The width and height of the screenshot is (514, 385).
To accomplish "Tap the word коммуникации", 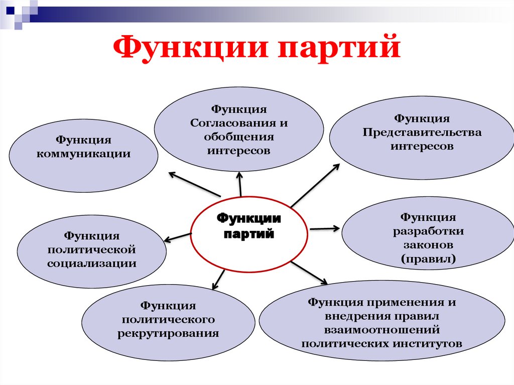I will pyautogui.click(x=84, y=154).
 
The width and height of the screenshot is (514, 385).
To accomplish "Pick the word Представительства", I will pyautogui.click(x=422, y=133).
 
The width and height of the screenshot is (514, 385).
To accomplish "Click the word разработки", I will pyautogui.click(x=428, y=232).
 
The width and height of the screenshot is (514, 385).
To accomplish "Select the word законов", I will pyautogui.click(x=428, y=245).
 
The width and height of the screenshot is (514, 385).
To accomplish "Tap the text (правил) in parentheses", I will pyautogui.click(x=428, y=260).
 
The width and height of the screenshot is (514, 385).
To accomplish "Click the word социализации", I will pyautogui.click(x=92, y=263).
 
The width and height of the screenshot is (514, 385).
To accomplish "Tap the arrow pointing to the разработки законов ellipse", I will pyautogui.click(x=324, y=228).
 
